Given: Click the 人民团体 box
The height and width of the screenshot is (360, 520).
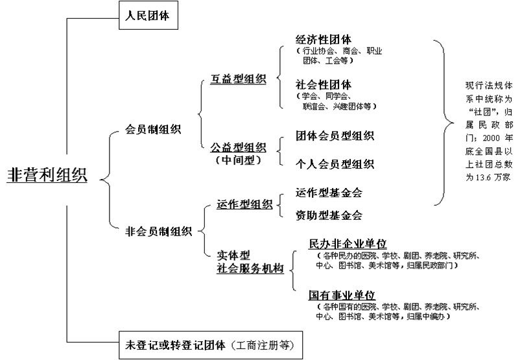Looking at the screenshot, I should click(147, 15).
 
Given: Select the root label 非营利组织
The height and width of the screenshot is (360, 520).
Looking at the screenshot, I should click(47, 175).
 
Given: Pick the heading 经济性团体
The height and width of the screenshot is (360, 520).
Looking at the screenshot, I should click(324, 38).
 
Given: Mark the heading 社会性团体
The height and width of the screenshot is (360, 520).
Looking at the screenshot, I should click(324, 84).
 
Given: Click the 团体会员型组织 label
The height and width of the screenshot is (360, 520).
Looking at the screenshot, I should click(335, 136).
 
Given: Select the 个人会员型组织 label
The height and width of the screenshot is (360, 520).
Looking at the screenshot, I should click(335, 163).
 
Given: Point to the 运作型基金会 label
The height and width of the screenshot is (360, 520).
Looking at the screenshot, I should click(329, 193).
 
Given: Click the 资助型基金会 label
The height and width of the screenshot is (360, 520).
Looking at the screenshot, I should click(329, 215).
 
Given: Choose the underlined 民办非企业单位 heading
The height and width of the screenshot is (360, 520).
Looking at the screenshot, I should click(348, 244).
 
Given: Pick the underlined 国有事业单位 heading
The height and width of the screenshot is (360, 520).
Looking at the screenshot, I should click(342, 294).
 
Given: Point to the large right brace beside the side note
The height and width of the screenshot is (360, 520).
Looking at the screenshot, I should click(443, 120).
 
